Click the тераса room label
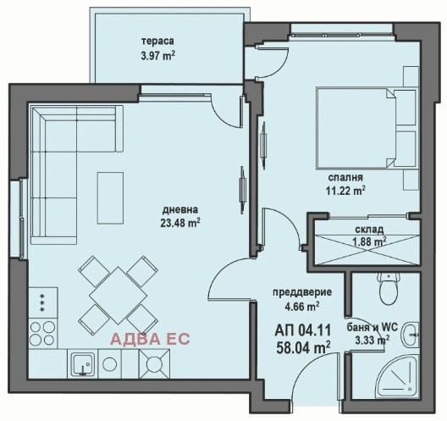click(157, 41)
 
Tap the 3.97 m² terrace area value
click(158, 55)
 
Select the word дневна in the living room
click(180, 210)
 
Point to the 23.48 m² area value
click(180, 223)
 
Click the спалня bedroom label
click(345, 177)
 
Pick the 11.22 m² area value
click(345, 191)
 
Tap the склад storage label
click(369, 229)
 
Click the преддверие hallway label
click(302, 292)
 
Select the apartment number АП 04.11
click(303, 330)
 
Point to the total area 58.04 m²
click(303, 347)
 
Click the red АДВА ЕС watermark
click(150, 339)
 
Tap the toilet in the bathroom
click(389, 288)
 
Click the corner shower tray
click(398, 374)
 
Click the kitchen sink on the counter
click(83, 364)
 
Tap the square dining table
click(118, 296)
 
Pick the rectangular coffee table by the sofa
click(110, 198)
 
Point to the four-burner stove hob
click(42, 333)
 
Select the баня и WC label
click(372, 328)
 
